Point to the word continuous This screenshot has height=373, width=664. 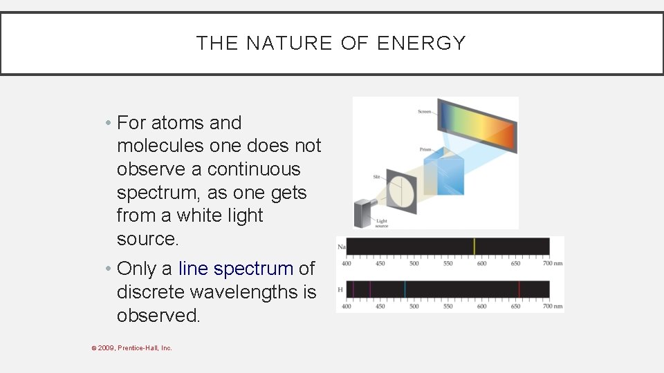(254, 169)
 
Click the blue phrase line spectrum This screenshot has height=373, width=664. (236, 268)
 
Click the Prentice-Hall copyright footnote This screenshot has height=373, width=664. (132, 348)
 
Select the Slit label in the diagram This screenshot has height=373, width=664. (377, 177)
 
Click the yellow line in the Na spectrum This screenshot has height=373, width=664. (474, 247)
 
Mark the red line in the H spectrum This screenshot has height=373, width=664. (519, 289)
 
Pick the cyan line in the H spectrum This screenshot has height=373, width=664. (405, 289)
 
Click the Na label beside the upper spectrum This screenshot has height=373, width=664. (340, 247)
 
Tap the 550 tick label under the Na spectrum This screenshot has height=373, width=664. (448, 263)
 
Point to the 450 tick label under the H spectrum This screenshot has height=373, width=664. (380, 306)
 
